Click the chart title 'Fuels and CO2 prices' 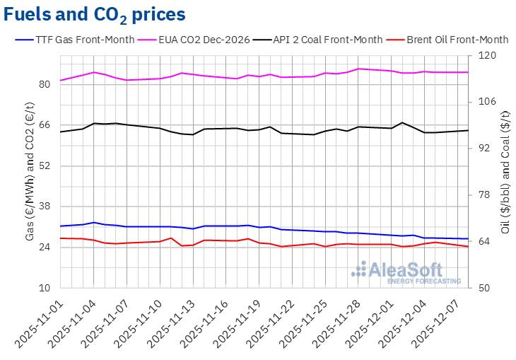(x=96, y=14)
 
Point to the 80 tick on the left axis (x=45, y=84)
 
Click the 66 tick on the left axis (x=45, y=125)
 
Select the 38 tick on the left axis (x=45, y=207)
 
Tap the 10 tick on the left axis (x=45, y=288)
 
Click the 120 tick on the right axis (x=488, y=55)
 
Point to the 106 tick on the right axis (x=488, y=102)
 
